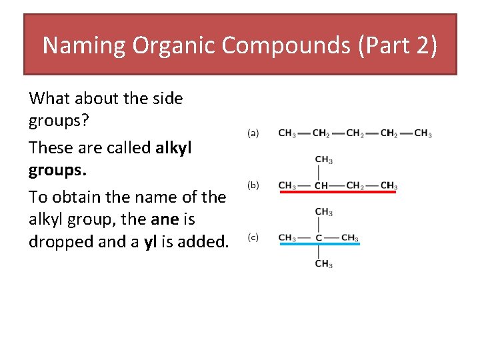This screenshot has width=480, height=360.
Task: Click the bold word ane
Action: click(x=181, y=219)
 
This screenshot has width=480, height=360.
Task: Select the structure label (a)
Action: click(x=254, y=133)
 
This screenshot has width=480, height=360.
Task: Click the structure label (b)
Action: click(x=254, y=185)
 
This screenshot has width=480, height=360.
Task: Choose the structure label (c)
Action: click(x=254, y=237)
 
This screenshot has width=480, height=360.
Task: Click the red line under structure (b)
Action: click(x=338, y=192)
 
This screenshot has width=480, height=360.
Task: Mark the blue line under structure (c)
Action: click(x=319, y=244)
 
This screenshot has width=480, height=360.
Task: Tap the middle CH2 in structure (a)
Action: click(x=355, y=133)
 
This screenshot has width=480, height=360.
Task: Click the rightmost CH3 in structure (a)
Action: click(x=423, y=133)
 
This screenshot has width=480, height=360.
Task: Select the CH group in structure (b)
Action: click(x=321, y=185)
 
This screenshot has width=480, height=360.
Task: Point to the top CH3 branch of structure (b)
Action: click(x=324, y=160)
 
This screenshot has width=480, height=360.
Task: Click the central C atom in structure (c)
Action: click(x=319, y=238)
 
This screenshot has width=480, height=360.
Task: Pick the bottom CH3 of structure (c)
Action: click(x=324, y=264)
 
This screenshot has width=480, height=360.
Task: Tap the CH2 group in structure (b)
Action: click(x=355, y=185)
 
